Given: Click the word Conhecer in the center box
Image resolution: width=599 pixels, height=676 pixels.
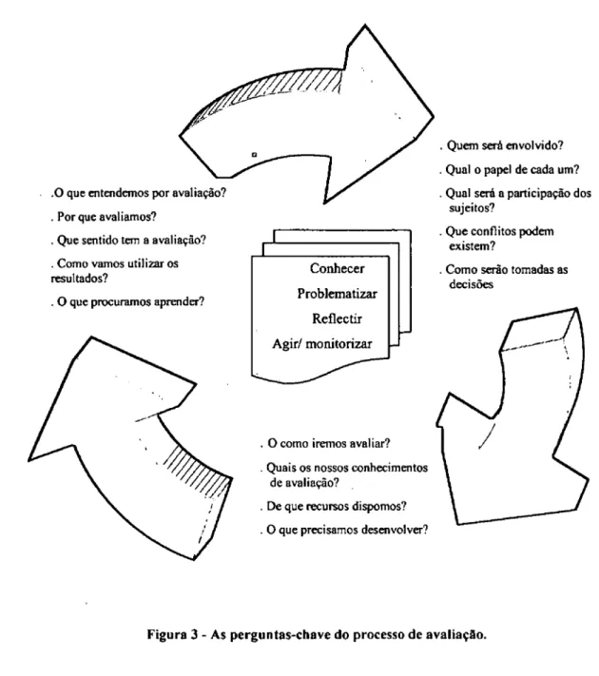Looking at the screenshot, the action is pyautogui.click(x=337, y=268).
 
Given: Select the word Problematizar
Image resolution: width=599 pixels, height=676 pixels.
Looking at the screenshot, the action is pyautogui.click(x=337, y=294).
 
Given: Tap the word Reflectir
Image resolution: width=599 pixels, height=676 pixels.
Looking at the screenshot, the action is pyautogui.click(x=337, y=319).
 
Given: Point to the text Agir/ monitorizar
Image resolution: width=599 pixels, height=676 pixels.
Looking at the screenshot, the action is pyautogui.click(x=322, y=343).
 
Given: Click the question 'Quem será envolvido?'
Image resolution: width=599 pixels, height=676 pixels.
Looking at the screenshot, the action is pyautogui.click(x=505, y=145).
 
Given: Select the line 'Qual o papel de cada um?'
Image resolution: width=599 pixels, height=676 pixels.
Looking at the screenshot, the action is pyautogui.click(x=512, y=169).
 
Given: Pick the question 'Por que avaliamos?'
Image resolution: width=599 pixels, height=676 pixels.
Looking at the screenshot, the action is pyautogui.click(x=106, y=216).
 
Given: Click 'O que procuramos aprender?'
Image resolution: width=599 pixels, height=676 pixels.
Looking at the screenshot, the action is pyautogui.click(x=130, y=301).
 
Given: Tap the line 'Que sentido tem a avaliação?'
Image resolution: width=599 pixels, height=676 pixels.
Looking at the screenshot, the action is pyautogui.click(x=131, y=240).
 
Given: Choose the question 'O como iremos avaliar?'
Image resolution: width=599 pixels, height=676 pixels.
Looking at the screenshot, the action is pyautogui.click(x=329, y=443).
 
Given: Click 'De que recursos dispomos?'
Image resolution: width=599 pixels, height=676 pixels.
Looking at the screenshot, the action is pyautogui.click(x=337, y=506).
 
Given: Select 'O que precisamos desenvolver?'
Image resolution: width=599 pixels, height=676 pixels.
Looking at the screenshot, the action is pyautogui.click(x=347, y=530).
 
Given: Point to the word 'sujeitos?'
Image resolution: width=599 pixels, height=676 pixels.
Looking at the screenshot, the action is pyautogui.click(x=472, y=208).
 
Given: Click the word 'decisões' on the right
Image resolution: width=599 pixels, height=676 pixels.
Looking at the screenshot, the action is pyautogui.click(x=471, y=284).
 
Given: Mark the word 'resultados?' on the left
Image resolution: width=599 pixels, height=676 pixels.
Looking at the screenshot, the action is pyautogui.click(x=79, y=279).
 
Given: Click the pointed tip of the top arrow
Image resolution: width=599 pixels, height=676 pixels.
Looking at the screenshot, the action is pyautogui.click(x=433, y=116).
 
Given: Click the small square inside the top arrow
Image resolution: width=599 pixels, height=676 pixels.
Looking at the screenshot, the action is pyautogui.click(x=255, y=154).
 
